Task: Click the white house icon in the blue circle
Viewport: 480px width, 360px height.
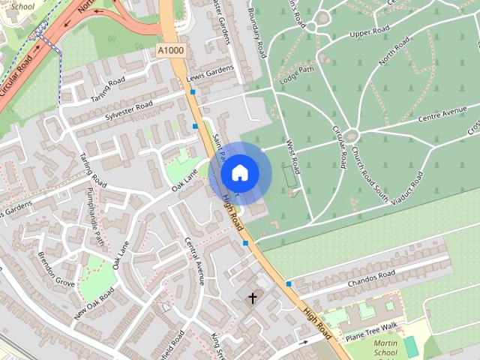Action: coord(239,172)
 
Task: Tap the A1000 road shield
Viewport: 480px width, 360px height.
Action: coord(170,49)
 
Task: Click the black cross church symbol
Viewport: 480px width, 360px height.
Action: coord(253,298)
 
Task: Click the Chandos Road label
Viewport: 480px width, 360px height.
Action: coord(370,280)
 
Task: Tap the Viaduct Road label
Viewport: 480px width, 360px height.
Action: coord(407,187)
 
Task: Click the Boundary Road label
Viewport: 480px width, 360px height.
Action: coord(257,33)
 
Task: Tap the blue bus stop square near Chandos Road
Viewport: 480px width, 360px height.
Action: coord(289,283)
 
